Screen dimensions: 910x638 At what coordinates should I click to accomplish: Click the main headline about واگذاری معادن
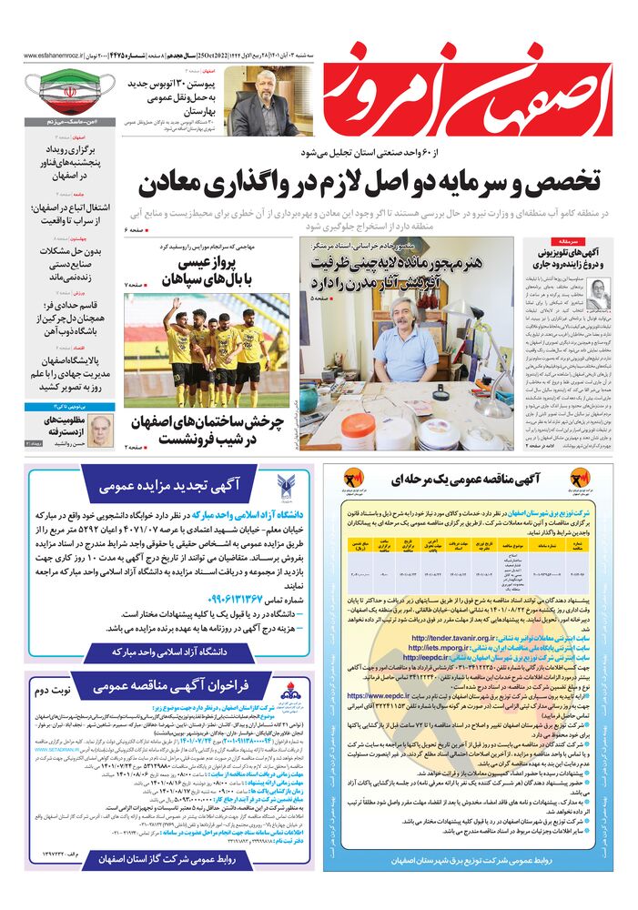tap(368, 183)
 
